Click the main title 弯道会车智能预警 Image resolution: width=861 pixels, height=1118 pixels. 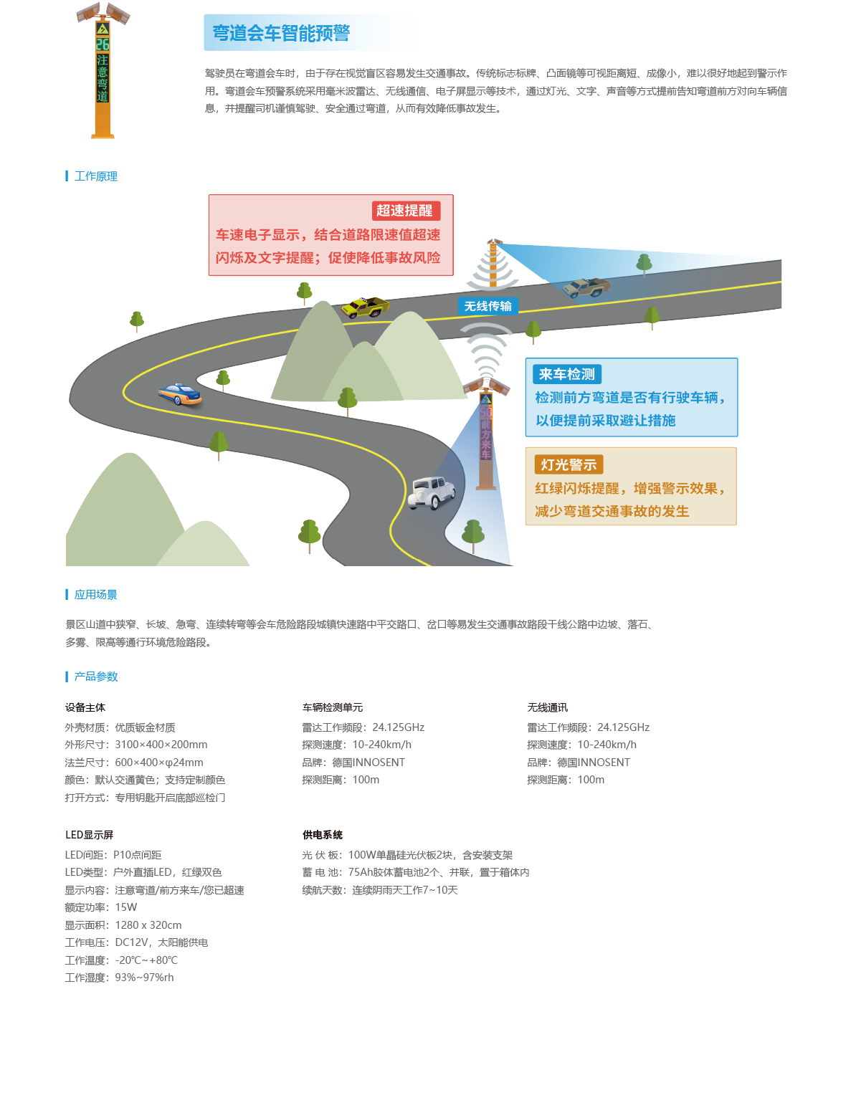(x=281, y=33)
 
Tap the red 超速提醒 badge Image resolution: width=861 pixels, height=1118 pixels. (x=405, y=211)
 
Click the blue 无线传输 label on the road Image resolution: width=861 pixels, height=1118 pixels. (x=487, y=306)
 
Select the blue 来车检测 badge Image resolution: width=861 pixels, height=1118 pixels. (x=566, y=374)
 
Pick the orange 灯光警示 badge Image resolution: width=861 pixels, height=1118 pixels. (x=569, y=464)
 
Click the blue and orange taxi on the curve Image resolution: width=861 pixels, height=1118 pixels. (x=179, y=394)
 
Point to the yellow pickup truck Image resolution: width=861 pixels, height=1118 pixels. (x=366, y=307)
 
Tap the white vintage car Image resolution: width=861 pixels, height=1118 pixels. (x=432, y=492)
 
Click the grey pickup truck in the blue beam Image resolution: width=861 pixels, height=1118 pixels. (x=586, y=287)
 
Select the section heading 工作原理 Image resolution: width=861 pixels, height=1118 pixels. (x=96, y=176)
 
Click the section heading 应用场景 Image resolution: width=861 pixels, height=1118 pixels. (x=96, y=595)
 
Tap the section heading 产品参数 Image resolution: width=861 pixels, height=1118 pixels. (x=96, y=677)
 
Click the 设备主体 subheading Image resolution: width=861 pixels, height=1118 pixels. (x=85, y=707)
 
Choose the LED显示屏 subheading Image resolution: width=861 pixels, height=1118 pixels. (x=89, y=834)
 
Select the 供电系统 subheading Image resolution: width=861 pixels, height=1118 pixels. (x=322, y=834)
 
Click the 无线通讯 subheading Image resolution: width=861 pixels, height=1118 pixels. (x=547, y=707)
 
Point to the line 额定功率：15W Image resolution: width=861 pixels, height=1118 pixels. (x=101, y=907)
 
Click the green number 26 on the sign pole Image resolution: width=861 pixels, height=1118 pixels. (x=103, y=44)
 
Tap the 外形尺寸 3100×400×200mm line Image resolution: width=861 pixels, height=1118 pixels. (x=136, y=745)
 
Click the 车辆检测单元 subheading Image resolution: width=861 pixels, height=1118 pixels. (x=333, y=707)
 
